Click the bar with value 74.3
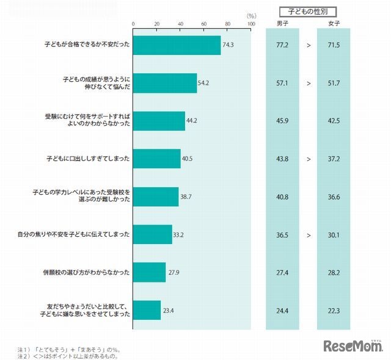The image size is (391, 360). pos(177,45)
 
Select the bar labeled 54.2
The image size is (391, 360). pos(165,83)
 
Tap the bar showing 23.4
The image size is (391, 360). pos(147,310)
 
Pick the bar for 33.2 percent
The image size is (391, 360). pos(152,234)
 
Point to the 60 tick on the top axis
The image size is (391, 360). pos(204,24)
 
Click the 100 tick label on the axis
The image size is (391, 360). pos(250,24)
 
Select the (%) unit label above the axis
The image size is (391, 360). pos(250,16)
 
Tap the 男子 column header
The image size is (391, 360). pos(282,24)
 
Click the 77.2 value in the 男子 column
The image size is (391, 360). pos(282,45)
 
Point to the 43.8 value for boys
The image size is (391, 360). pos(282,159)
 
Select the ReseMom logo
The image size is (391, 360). pos(353,347)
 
